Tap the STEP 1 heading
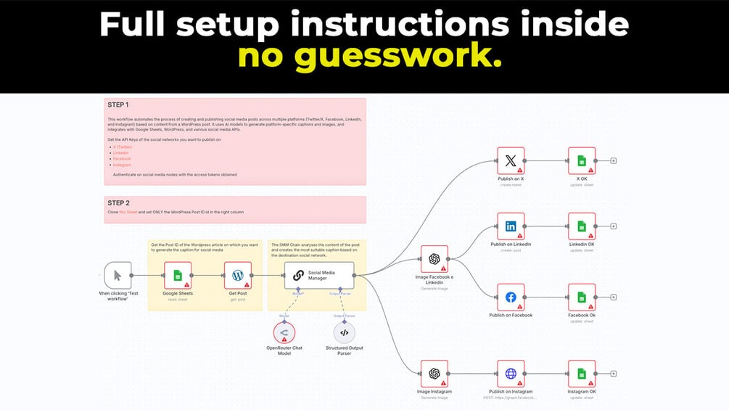click(118, 104)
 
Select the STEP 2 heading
click(118, 202)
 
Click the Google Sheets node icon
click(177, 276)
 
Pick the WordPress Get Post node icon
click(237, 276)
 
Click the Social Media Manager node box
click(319, 275)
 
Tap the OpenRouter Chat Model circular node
click(284, 332)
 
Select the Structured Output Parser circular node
click(345, 332)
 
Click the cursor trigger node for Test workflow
click(118, 276)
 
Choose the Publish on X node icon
click(511, 161)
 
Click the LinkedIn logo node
click(511, 226)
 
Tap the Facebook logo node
click(511, 298)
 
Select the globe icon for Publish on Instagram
click(511, 374)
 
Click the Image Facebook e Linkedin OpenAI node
click(434, 259)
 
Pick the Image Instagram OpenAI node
click(434, 374)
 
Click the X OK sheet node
click(581, 161)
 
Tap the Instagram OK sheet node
click(581, 374)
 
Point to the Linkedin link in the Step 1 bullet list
click(121, 152)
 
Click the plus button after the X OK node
click(614, 161)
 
